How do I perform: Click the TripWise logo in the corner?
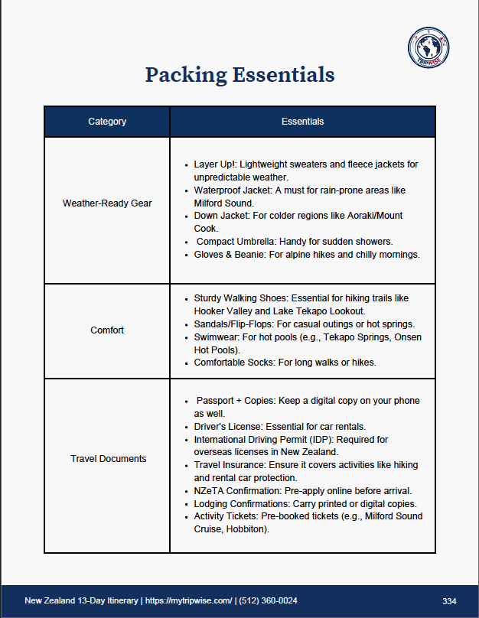click(428, 47)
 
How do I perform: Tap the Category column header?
click(107, 122)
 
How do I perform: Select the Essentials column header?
click(302, 122)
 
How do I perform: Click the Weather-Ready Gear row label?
click(107, 203)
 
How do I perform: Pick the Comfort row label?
click(107, 330)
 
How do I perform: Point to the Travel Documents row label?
click(107, 459)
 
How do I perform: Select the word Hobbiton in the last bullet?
click(246, 529)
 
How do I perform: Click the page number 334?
click(450, 600)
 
